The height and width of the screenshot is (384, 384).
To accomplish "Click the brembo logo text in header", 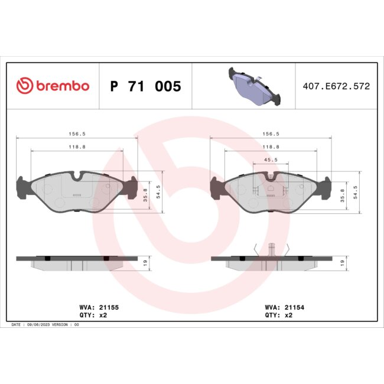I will tap(63, 86).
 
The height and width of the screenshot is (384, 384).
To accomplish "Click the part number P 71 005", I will tap(146, 87).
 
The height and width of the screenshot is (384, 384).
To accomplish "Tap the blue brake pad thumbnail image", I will tap(253, 86).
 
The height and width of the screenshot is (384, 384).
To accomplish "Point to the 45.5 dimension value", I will tap(271, 160).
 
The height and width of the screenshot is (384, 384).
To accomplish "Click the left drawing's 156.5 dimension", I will tap(74, 134).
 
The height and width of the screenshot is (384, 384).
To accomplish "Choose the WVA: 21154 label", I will tap(285, 308).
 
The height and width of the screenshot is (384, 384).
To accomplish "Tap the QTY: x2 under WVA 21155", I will tap(93, 315).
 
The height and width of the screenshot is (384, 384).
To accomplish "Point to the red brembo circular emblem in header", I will tap(25, 86).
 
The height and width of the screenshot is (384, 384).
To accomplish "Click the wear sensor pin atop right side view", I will tap(270, 248).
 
